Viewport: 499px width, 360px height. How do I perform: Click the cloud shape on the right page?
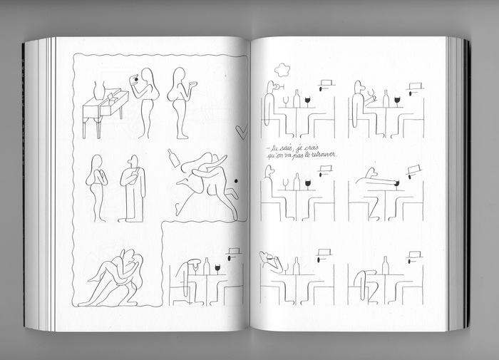282,70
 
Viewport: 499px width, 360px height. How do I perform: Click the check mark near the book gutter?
242,132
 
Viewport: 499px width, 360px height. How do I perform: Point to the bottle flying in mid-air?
174,158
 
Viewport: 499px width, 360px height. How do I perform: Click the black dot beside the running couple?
236,181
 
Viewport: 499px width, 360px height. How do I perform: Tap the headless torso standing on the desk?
100,89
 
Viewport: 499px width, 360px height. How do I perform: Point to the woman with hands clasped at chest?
96,187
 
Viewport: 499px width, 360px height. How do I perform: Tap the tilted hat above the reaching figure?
413,169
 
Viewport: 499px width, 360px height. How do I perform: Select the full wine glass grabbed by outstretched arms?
396,184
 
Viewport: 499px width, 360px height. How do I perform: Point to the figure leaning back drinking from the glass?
270,262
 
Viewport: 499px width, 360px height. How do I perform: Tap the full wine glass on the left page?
217,269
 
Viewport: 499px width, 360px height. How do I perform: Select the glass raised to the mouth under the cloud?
280,86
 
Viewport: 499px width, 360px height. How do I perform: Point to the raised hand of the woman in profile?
192,83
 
